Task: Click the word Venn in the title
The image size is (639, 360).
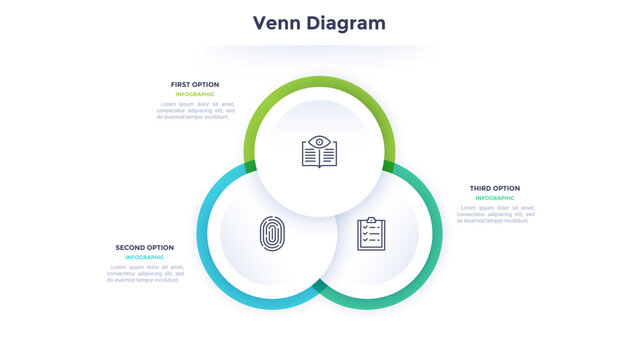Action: pos(278,22)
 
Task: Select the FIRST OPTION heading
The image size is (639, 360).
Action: pos(195,84)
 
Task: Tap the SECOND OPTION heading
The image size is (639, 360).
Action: pos(145,247)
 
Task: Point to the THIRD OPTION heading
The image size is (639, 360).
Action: pos(495,188)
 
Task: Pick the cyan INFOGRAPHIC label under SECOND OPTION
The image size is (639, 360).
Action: pos(145,257)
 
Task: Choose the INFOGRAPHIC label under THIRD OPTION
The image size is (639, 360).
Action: pos(495,198)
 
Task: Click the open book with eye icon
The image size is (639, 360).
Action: pos(319,152)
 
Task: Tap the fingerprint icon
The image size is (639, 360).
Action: pos(271,234)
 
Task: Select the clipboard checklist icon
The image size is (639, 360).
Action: pos(372,234)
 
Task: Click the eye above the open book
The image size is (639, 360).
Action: pos(319,141)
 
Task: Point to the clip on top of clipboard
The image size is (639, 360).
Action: pos(372,219)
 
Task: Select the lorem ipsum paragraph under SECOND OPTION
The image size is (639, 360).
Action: pos(146,273)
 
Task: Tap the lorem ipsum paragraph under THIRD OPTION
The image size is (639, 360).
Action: pos(496,214)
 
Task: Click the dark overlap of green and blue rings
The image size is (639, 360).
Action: pos(250,166)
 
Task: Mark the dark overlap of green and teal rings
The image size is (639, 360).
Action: pos(388,166)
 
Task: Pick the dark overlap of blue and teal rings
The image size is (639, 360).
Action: pos(319,286)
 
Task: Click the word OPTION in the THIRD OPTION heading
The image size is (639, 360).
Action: pos(506,188)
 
